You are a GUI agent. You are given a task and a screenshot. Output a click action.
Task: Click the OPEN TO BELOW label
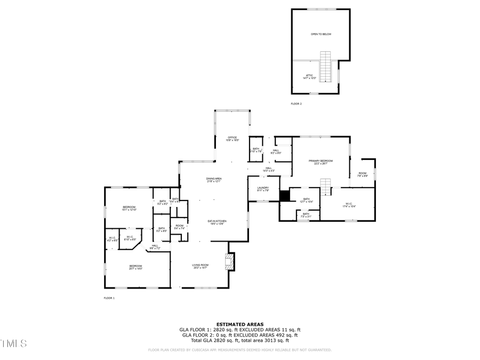tap(321, 34)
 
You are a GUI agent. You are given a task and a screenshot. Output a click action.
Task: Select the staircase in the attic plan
tap(325, 67)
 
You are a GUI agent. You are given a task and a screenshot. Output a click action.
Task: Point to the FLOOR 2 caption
tap(296, 103)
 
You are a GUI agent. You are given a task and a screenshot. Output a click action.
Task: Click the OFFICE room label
tap(232, 139)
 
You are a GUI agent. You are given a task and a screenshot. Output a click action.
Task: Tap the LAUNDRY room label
tap(262, 189)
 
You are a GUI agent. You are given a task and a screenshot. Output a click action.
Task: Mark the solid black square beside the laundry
tap(285, 196)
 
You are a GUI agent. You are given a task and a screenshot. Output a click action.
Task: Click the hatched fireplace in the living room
tap(230, 261)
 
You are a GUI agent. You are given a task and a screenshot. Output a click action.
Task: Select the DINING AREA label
tap(214, 180)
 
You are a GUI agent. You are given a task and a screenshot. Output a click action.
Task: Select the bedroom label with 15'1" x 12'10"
tap(129, 208)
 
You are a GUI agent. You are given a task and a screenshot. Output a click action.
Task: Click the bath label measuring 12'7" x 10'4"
tap(307, 201)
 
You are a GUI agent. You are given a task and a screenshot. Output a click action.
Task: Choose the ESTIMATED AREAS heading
tap(239, 324)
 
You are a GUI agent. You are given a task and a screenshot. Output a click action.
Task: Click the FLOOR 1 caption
tap(109, 298)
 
